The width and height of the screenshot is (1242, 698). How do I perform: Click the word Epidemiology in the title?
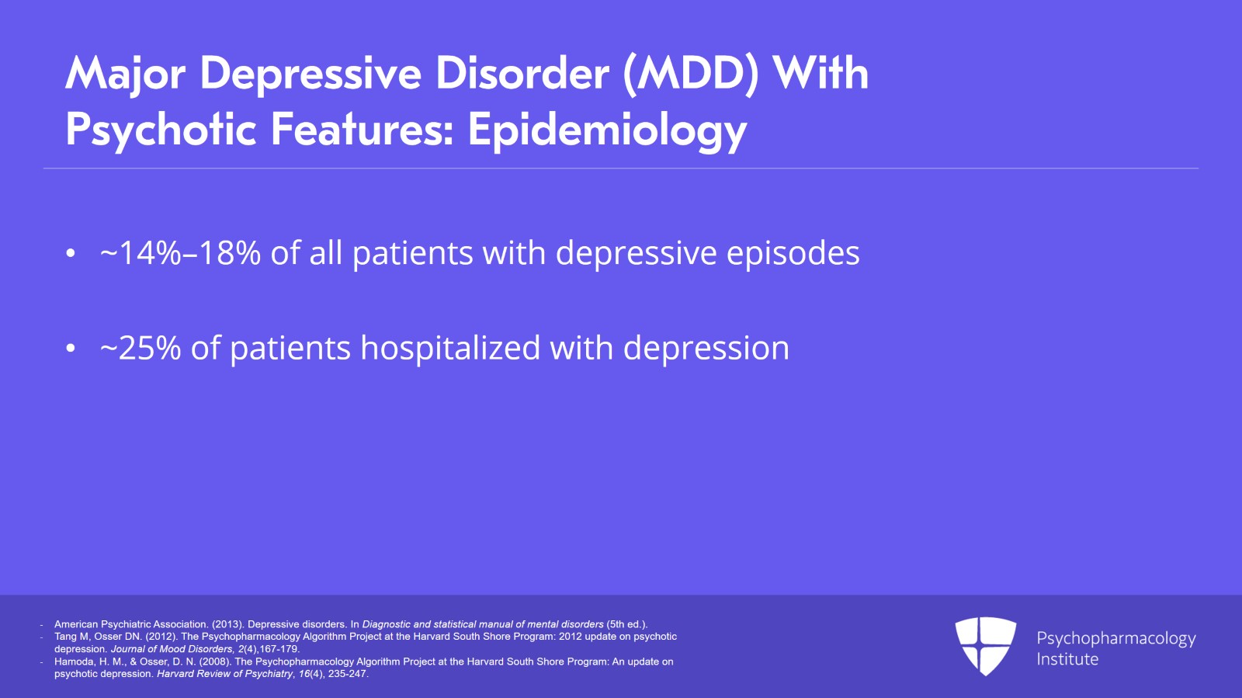608,131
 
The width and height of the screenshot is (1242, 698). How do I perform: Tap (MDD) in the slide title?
690,74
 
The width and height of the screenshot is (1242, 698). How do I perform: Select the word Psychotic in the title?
161,131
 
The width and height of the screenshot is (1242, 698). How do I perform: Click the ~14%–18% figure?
180,253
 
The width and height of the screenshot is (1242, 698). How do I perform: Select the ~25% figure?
141,348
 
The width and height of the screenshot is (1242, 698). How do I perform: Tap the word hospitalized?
450,349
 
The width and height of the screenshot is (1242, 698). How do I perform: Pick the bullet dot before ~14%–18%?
71,254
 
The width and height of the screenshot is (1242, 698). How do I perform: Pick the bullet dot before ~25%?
71,349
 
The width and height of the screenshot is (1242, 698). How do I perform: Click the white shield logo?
986,646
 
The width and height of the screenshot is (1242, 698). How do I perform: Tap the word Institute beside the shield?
1067,659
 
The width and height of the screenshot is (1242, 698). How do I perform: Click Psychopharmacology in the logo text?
1116,639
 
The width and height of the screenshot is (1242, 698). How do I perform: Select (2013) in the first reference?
227,624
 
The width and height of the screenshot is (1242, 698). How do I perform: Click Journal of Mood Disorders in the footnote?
172,649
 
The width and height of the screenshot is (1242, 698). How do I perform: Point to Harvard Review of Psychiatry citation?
224,674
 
